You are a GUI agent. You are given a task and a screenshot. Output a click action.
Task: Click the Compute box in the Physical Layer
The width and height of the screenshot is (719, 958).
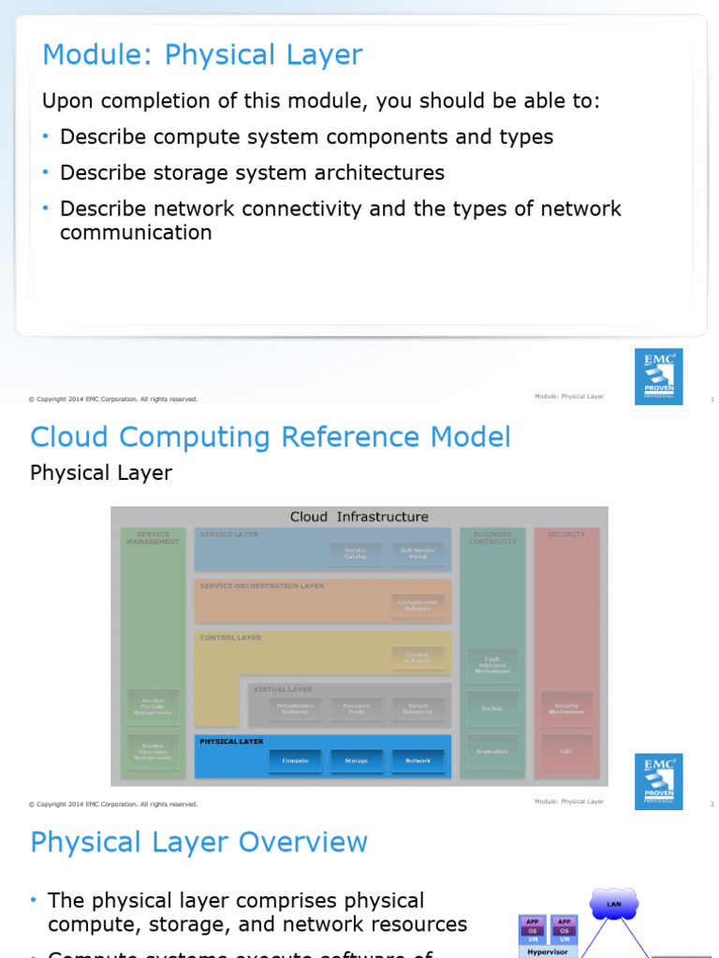point(295,761)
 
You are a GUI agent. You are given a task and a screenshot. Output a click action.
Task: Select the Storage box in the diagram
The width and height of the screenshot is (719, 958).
point(356,761)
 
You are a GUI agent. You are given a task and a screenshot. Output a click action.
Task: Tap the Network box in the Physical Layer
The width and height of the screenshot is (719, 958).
point(418,761)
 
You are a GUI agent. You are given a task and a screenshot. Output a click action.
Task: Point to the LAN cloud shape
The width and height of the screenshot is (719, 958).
point(614,905)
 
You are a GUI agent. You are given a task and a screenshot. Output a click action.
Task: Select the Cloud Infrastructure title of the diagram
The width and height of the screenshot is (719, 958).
point(359,516)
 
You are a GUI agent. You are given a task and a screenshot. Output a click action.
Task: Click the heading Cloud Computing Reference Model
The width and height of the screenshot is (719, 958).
point(271,437)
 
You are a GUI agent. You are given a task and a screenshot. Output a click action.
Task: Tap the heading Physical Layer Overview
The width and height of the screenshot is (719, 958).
point(198,842)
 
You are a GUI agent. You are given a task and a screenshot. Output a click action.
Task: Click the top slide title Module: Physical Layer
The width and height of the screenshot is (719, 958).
point(202,55)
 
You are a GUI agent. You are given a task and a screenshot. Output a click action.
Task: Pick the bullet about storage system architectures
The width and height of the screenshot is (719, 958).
point(252,173)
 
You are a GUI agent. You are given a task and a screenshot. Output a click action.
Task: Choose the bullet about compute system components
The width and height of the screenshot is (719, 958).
point(306,137)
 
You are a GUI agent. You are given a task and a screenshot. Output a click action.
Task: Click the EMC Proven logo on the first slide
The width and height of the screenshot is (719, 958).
point(658,377)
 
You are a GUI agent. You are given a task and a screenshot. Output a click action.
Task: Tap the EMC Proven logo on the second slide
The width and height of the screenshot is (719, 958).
point(658,781)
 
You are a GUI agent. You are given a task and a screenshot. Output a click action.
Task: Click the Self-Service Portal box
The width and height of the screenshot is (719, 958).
point(418,554)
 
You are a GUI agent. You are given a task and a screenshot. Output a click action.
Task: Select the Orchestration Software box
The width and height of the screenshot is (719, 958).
point(418,606)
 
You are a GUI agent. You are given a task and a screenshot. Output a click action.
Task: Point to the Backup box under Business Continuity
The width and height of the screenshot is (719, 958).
point(492,708)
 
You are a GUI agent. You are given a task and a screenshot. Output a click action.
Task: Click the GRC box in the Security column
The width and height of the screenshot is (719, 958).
point(566,751)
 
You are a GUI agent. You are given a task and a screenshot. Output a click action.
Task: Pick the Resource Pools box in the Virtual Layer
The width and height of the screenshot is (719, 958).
point(356,708)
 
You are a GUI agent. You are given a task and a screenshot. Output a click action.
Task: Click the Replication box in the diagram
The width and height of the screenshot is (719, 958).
point(492,751)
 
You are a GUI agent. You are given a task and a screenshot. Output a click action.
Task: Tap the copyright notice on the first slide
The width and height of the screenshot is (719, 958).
point(113,399)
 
